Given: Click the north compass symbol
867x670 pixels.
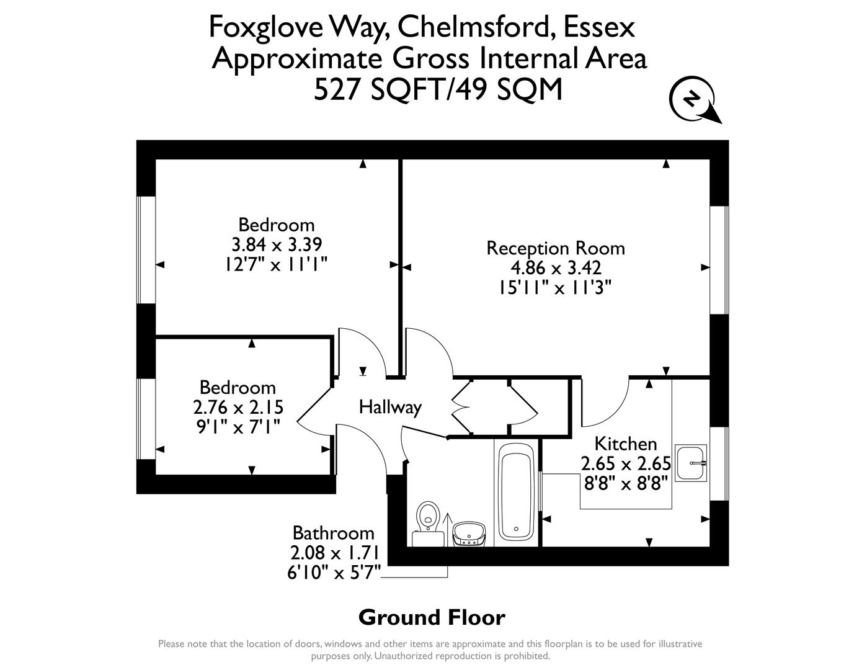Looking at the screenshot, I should pos(693,99).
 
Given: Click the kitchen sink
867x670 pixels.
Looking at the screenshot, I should pos(690,463).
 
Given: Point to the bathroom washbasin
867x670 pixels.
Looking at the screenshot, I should pos(469,533).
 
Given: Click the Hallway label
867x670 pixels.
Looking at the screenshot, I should pos(390,408).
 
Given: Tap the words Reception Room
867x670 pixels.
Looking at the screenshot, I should pos(555,248).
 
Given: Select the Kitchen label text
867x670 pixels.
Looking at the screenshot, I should pos(625,444).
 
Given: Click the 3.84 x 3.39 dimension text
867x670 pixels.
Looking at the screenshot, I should pos(277,244).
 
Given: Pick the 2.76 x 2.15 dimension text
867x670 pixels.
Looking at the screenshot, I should pos(238,408).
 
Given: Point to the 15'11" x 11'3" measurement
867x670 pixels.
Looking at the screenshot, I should pos(555,288).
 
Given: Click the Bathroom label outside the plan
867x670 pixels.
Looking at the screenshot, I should pos(333,534).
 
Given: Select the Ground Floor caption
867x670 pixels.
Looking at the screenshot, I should pos(432,618).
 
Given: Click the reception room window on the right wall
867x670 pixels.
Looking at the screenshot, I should pos(719,260).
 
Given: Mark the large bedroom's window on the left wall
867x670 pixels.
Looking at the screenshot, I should pos(146,250).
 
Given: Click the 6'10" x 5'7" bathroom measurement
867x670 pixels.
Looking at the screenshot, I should pos(334,572).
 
